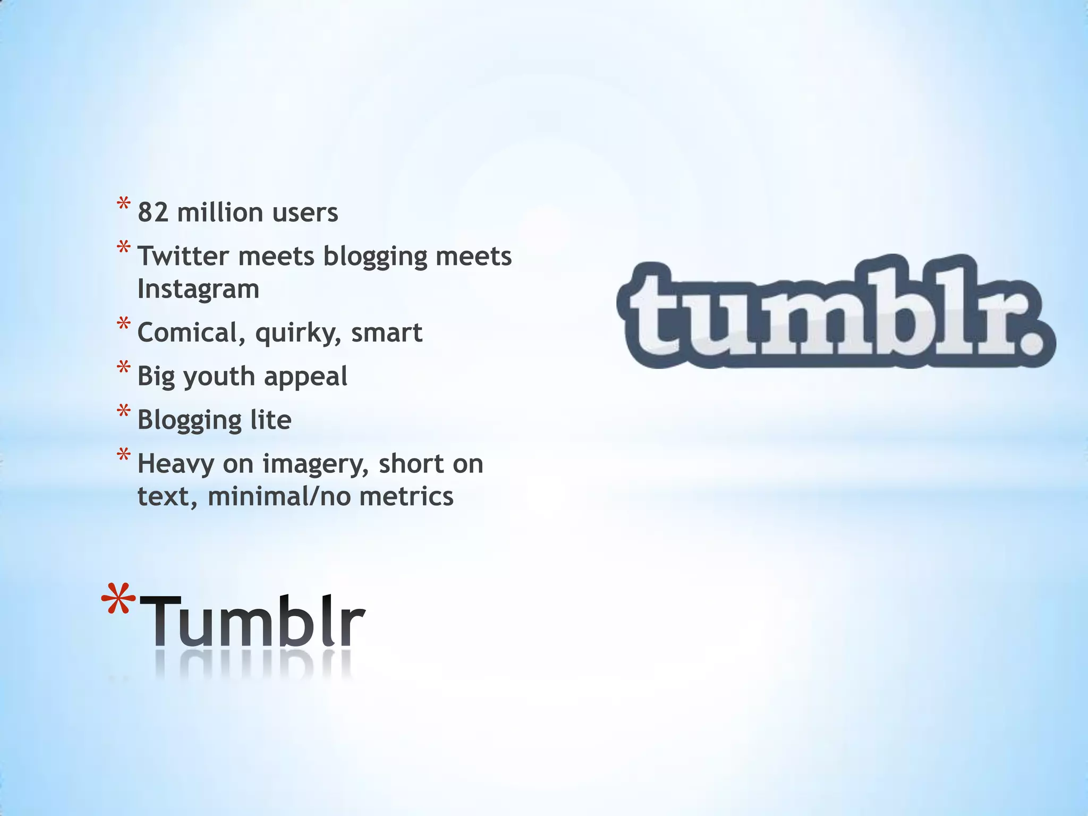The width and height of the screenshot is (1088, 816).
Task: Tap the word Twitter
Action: coord(184,256)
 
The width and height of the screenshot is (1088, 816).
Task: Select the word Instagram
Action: coord(198,290)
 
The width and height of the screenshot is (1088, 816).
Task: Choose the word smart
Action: coord(387,333)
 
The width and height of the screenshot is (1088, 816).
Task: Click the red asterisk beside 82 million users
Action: coord(124,205)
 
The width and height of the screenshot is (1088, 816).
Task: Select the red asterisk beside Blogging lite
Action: coord(124,412)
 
